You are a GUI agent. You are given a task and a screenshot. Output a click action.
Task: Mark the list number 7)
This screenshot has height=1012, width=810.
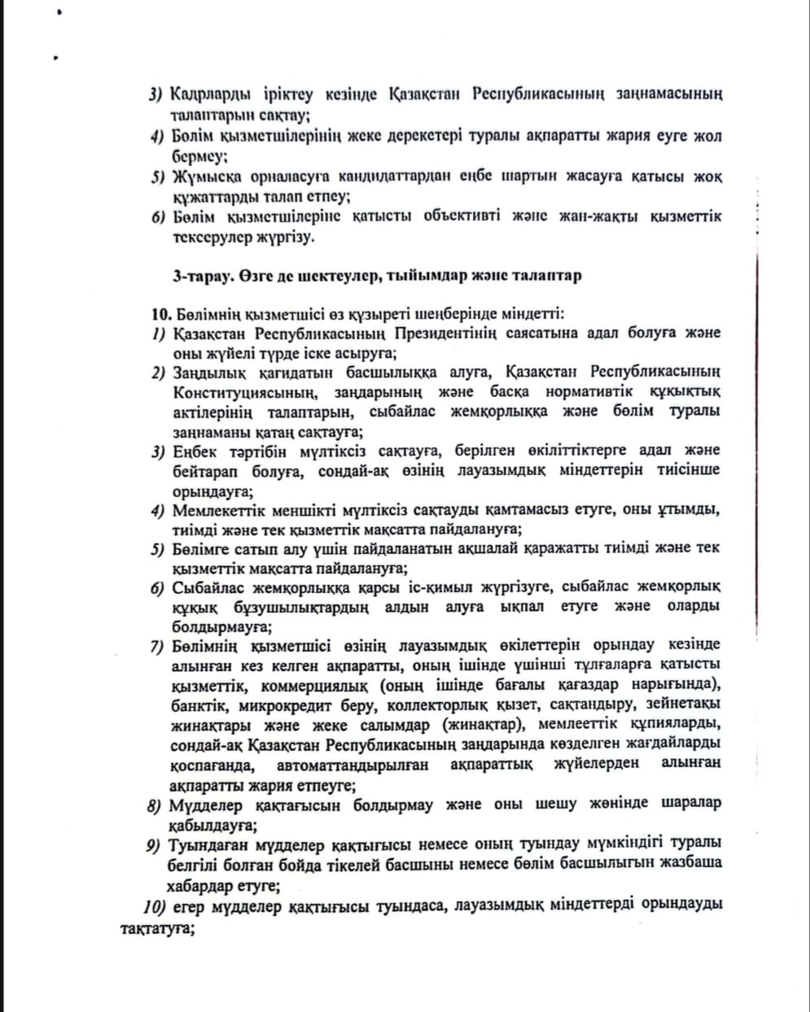pos(158,646)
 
